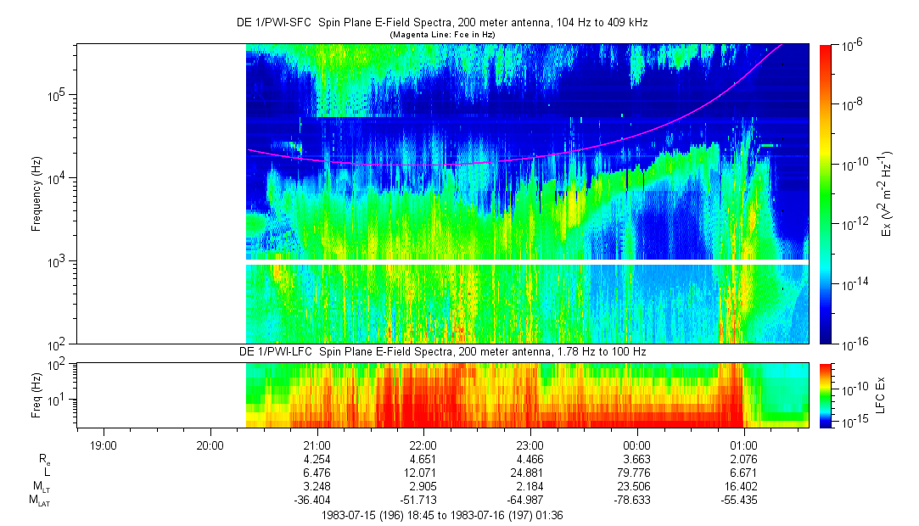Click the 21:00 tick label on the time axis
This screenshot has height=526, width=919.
[x=317, y=445]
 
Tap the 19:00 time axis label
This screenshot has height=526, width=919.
[x=104, y=445]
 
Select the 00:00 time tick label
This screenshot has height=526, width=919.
[x=636, y=445]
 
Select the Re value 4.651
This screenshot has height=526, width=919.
[x=423, y=459]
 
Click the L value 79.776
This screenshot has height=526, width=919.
[x=636, y=473]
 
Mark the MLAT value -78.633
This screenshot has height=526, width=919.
[x=636, y=501]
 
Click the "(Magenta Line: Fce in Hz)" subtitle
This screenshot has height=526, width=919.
[x=441, y=35]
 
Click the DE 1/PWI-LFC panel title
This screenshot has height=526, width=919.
[x=441, y=352]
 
